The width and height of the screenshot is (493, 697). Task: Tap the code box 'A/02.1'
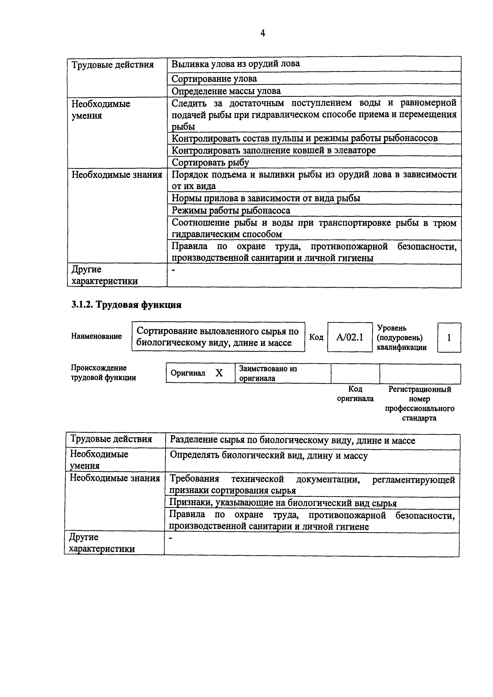350,337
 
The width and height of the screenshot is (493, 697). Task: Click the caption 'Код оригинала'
355,394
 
